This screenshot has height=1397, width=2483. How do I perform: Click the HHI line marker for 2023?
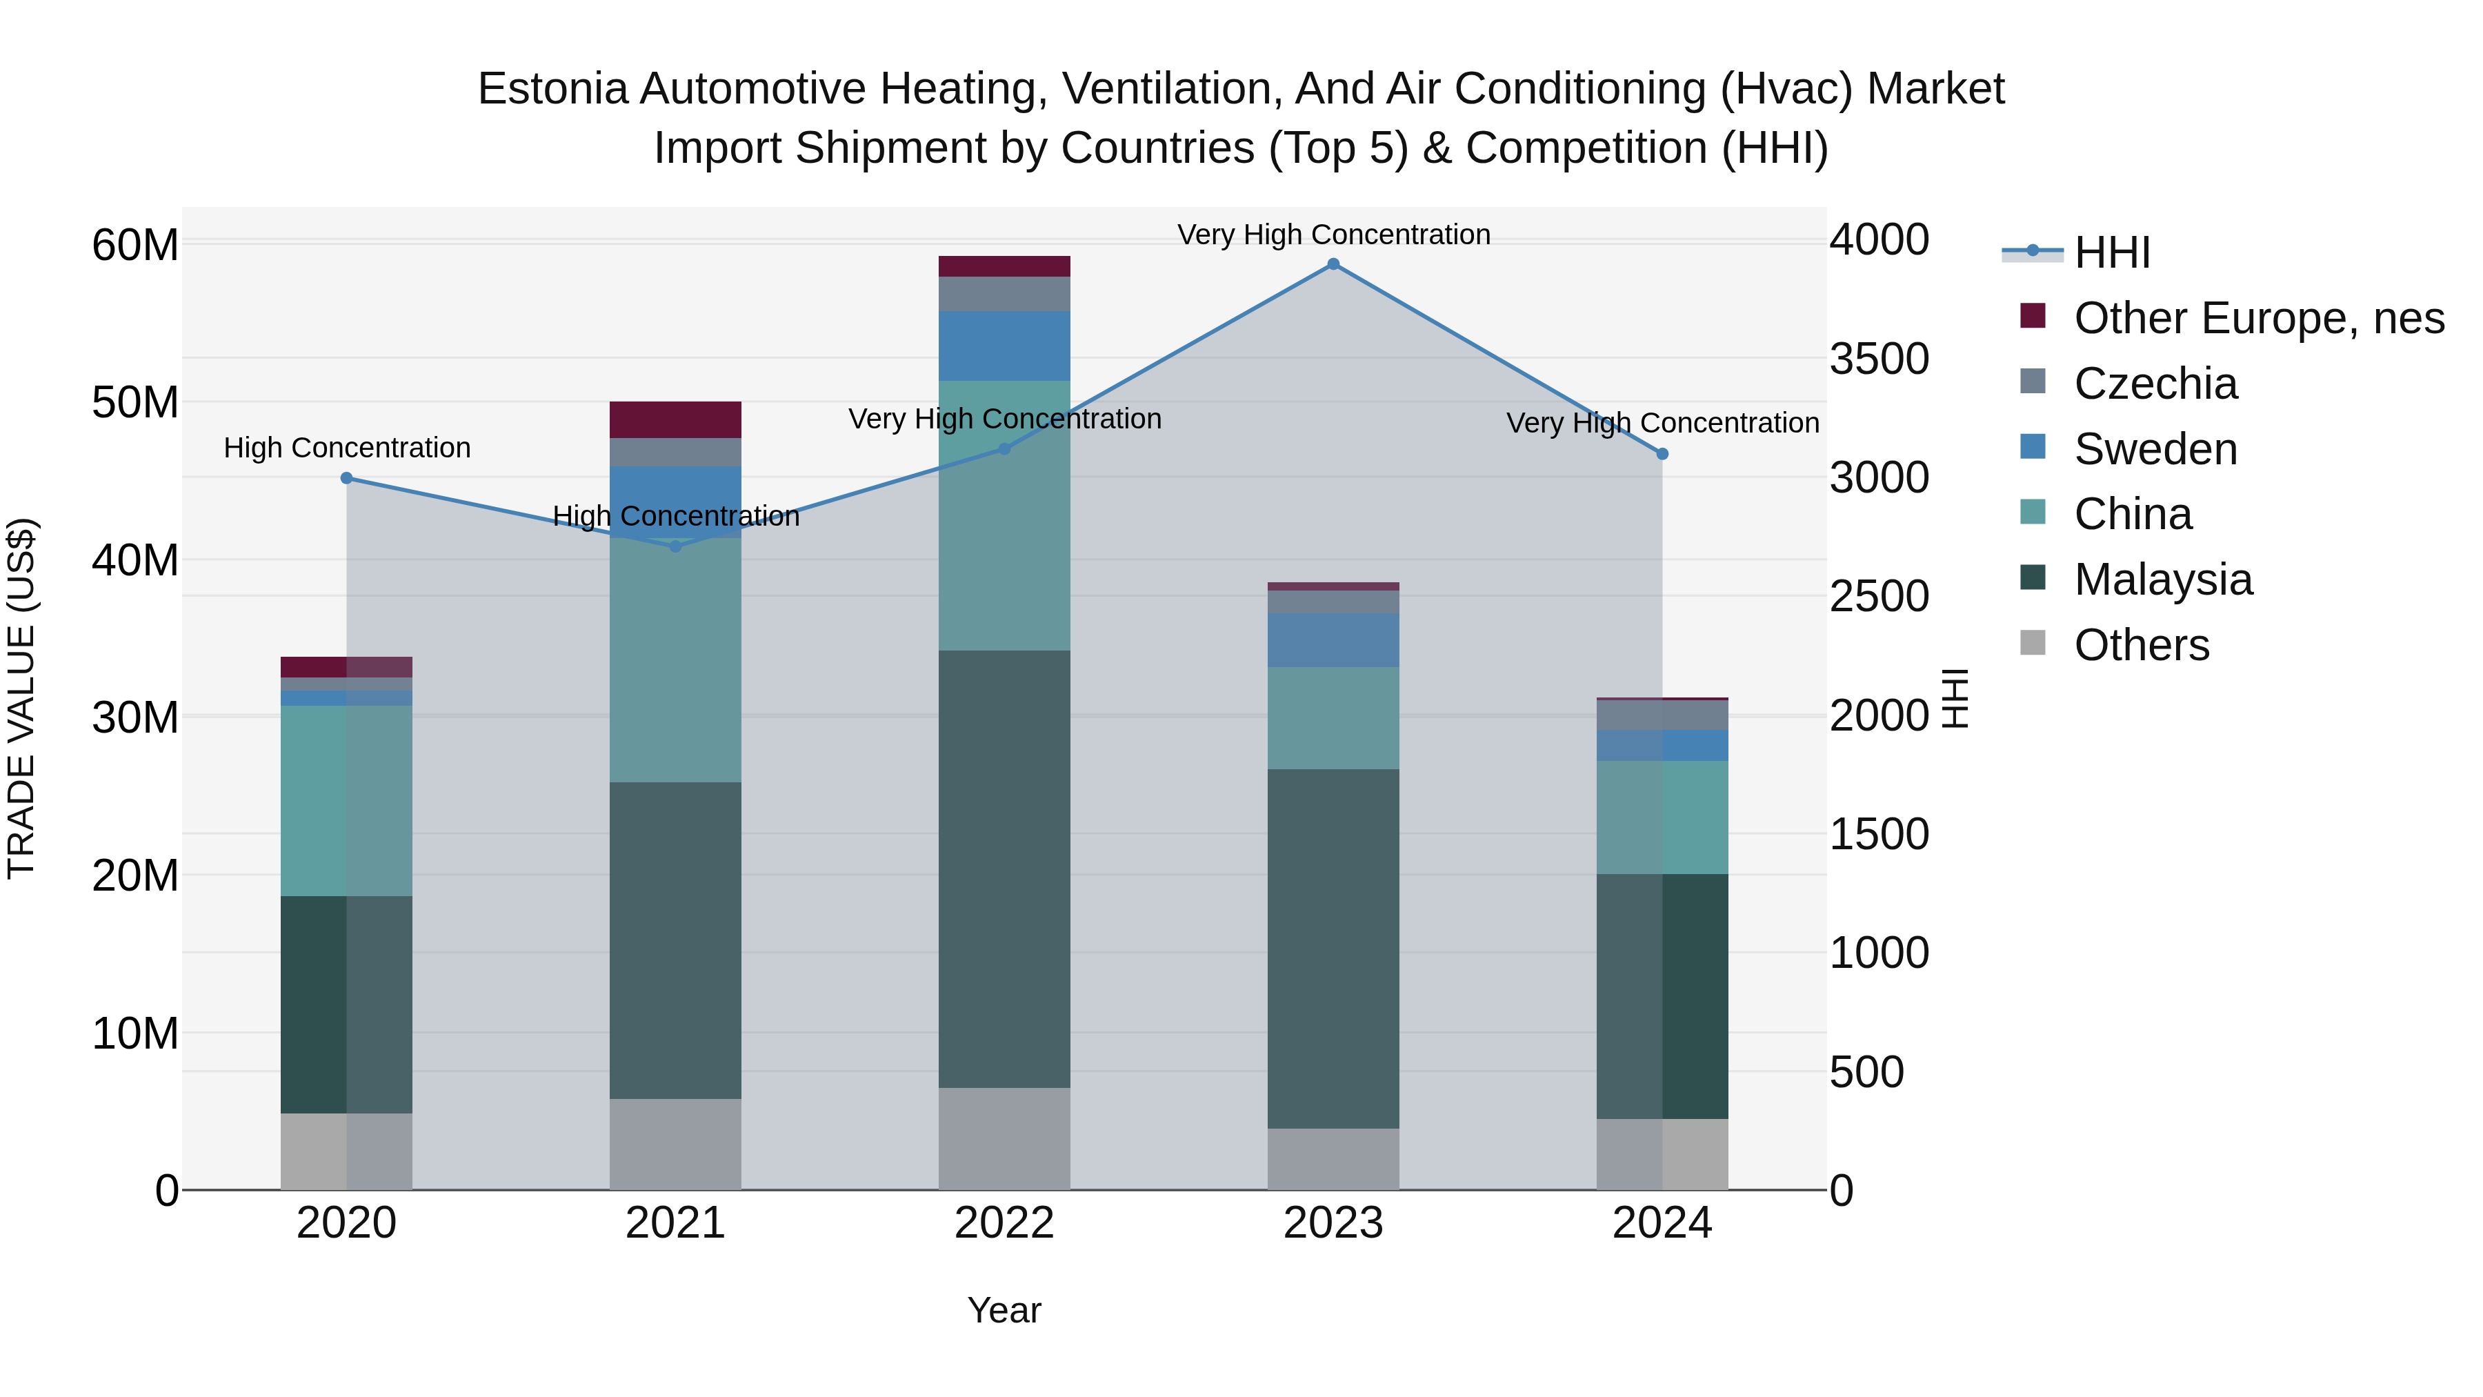click(1333, 264)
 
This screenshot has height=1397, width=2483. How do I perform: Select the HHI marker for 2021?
click(676, 546)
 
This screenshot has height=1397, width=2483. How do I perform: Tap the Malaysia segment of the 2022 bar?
click(1004, 868)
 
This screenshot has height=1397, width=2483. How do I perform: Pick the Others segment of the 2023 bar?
click(1333, 1159)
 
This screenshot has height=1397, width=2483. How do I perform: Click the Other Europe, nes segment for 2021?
click(676, 419)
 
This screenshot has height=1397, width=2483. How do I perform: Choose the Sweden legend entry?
click(2155, 449)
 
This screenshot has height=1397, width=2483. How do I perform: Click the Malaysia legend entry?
click(2163, 579)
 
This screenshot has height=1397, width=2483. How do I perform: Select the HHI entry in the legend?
click(2111, 252)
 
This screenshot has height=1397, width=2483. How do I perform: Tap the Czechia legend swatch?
click(2033, 382)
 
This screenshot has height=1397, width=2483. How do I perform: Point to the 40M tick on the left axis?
click(135, 560)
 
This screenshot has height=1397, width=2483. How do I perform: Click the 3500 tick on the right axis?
click(1879, 359)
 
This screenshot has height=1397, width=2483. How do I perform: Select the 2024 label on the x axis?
click(1662, 1223)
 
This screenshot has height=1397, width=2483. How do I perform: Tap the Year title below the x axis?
click(1004, 1310)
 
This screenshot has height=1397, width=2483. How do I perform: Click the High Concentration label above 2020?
click(347, 448)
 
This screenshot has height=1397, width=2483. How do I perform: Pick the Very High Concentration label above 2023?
click(1333, 235)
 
